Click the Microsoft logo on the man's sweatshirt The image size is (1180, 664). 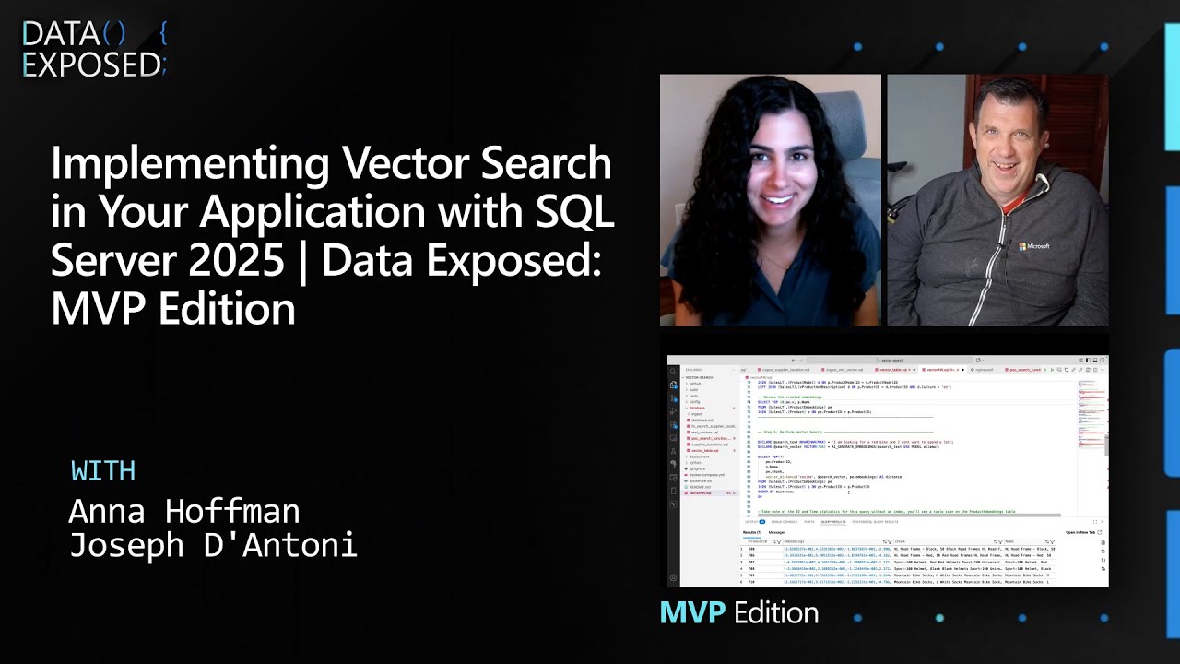[1033, 246]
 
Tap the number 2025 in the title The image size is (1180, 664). [235, 260]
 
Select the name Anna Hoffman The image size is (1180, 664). [184, 510]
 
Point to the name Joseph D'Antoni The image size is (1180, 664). [213, 545]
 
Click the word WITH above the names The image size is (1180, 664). [103, 470]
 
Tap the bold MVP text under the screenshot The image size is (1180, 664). [692, 612]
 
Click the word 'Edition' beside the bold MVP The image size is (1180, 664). [775, 612]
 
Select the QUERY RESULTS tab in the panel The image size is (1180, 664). [832, 522]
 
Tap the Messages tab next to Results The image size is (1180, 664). [777, 532]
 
